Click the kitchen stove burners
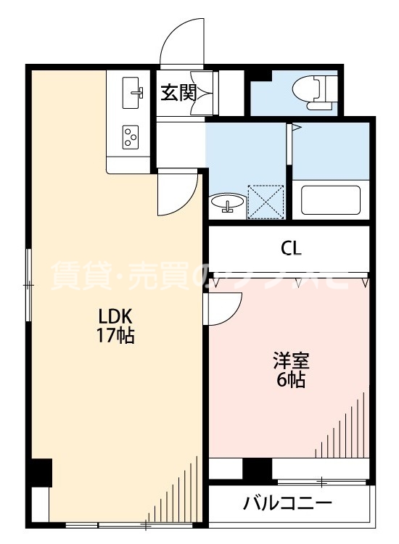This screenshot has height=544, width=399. (x=131, y=136)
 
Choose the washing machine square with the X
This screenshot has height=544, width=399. (x=265, y=201)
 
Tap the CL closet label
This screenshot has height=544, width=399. (x=292, y=249)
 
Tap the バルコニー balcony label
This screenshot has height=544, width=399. (x=288, y=503)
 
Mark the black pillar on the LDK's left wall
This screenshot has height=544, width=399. (x=41, y=473)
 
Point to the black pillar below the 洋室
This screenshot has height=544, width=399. (x=256, y=470)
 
